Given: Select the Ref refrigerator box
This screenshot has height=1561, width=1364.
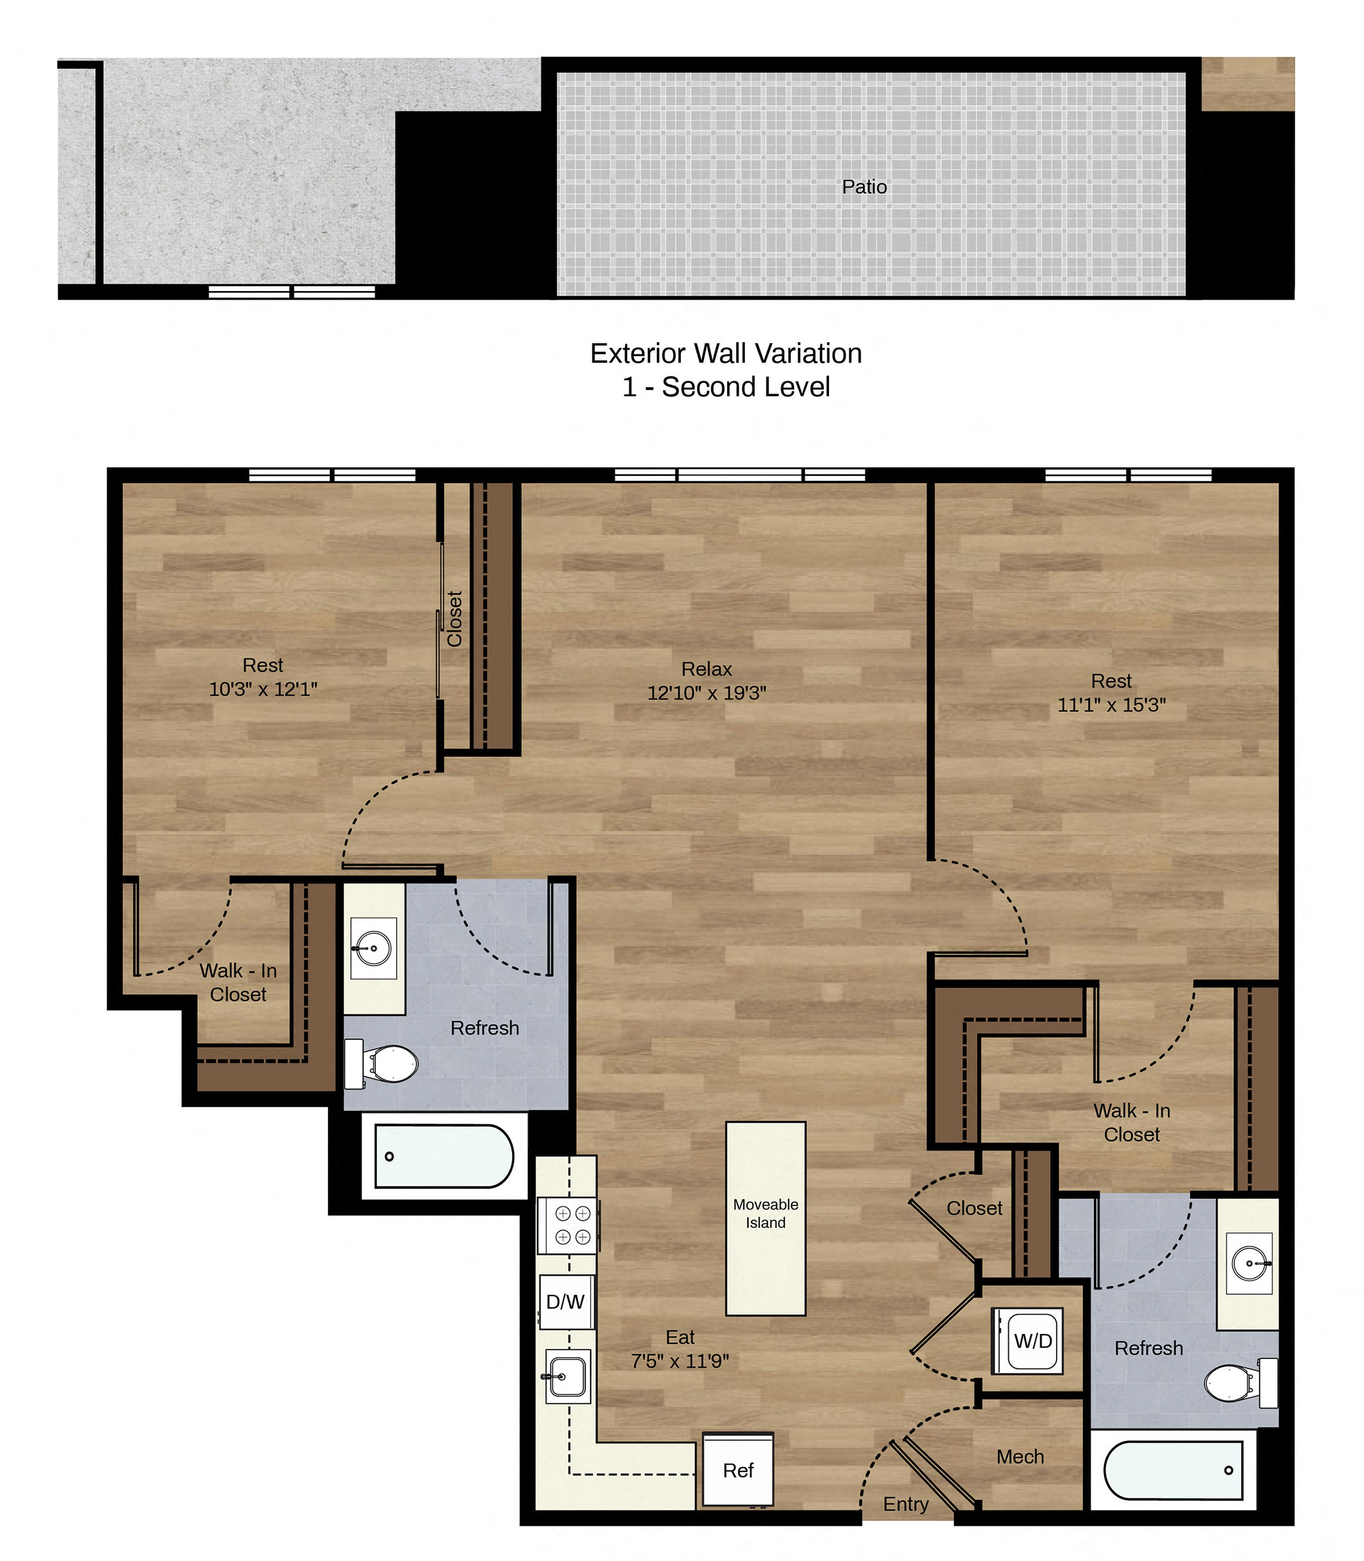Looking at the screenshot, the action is (x=738, y=1470).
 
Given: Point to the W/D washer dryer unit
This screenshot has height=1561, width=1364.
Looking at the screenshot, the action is (x=1032, y=1340).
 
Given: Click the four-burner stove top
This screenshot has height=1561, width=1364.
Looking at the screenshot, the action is (x=568, y=1225).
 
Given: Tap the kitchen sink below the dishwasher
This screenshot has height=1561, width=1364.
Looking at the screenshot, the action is (x=567, y=1376).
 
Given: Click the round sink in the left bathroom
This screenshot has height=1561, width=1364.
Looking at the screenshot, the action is (x=373, y=948).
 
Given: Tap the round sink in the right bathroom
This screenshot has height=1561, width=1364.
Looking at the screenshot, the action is (x=1249, y=1263).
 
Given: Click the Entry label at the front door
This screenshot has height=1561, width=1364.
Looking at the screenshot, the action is (x=906, y=1504).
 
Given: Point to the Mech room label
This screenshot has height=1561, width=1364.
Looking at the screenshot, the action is (x=1020, y=1456).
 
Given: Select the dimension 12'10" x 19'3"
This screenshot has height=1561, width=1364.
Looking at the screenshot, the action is (x=706, y=692).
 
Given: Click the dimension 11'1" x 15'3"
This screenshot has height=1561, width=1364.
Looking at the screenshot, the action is (x=1111, y=704).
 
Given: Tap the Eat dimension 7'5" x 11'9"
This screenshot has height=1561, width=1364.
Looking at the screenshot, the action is (x=680, y=1360).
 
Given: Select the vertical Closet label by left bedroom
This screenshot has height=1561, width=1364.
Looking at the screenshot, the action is (x=454, y=618).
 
